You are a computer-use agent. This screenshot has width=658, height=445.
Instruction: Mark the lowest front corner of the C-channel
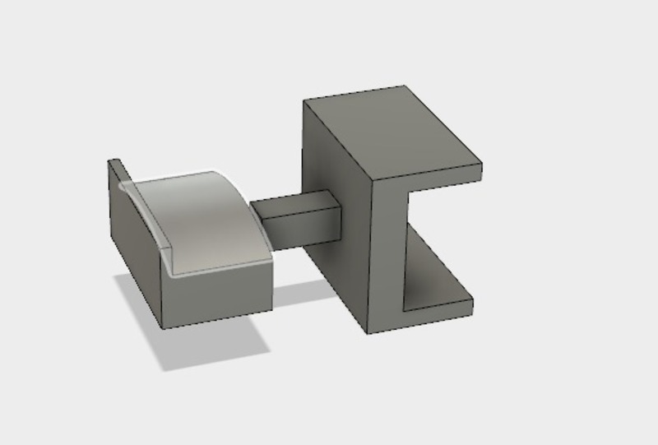(x=368, y=332)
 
